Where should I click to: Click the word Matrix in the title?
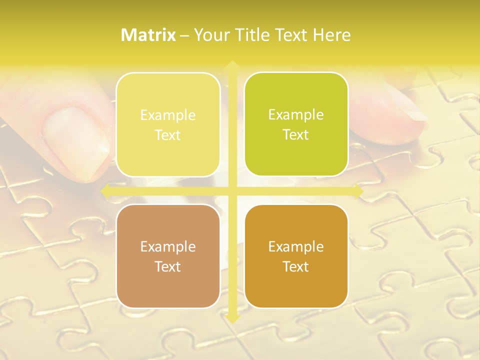click(148, 35)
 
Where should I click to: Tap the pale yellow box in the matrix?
click(168, 124)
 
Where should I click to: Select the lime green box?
click(296, 124)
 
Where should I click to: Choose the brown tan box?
click(168, 256)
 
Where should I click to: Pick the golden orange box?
click(296, 256)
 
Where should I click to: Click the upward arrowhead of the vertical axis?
click(232, 64)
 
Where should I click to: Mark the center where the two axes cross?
click(232, 191)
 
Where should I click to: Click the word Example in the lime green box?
click(296, 115)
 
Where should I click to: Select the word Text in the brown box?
click(168, 266)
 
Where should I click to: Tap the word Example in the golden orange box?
click(296, 246)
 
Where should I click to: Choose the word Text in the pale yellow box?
click(168, 135)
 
